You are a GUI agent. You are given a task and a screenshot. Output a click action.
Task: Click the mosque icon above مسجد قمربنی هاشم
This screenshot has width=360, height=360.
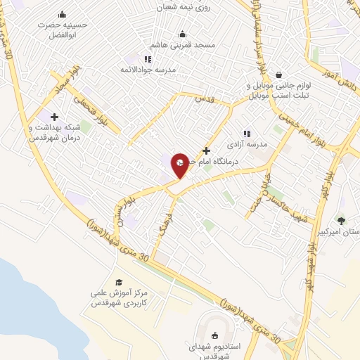182,34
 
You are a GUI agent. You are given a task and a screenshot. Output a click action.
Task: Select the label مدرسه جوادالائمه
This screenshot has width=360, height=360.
147,70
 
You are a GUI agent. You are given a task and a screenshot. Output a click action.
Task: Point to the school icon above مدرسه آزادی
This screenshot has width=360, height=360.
246,133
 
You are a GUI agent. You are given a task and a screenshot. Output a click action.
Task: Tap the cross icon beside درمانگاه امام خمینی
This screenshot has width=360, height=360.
206,150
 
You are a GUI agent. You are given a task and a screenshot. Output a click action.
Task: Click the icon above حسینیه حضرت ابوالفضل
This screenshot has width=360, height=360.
62,15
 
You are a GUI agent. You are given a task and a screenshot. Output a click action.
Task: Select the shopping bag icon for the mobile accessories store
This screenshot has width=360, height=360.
279,75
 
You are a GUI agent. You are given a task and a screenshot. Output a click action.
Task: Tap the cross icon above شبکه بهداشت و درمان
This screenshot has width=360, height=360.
54,117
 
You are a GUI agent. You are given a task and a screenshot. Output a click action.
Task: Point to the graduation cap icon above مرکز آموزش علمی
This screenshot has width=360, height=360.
118,282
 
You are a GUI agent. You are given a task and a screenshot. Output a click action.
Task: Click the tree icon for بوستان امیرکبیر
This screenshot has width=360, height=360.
341,220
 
